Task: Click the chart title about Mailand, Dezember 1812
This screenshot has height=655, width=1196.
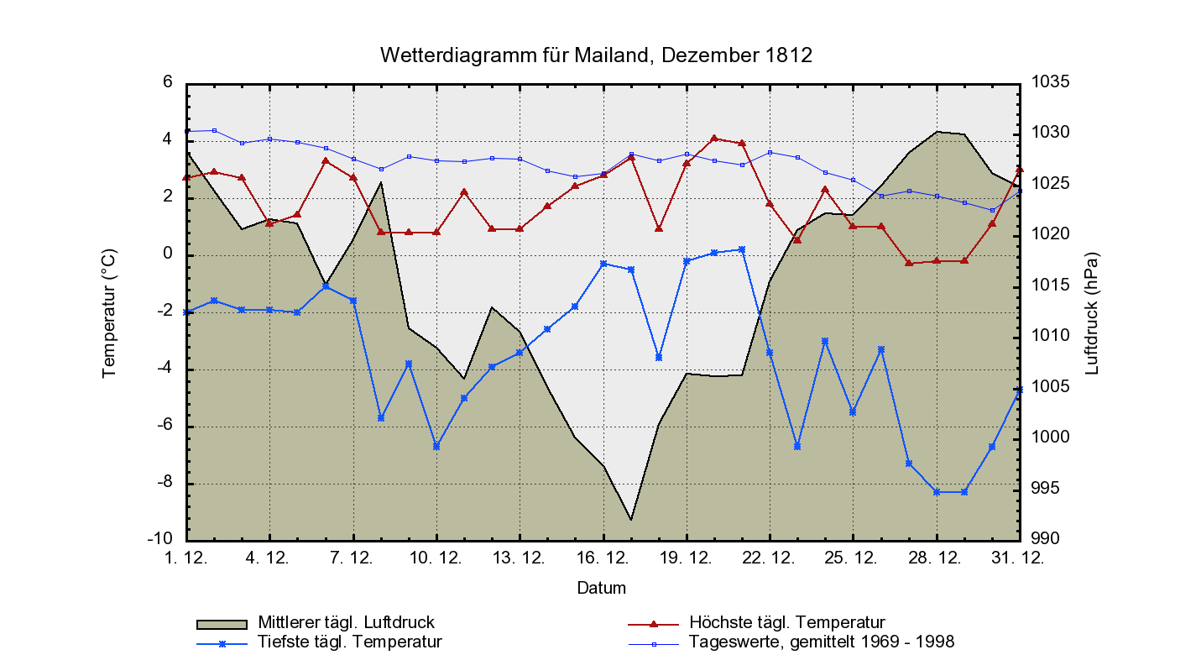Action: pos(596,55)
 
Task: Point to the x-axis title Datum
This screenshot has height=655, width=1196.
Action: pos(601,588)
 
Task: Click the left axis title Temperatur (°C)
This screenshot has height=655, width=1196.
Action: pos(109,312)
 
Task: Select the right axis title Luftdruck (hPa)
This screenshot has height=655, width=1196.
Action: pos(1092,312)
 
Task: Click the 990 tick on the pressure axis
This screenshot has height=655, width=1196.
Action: pos(1046,538)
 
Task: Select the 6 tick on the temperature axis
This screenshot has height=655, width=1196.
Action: pos(168,82)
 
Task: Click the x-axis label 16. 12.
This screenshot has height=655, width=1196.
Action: pos(603,558)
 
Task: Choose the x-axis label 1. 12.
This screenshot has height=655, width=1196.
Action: pos(186,558)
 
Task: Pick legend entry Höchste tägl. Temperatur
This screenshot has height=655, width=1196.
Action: pos(786,623)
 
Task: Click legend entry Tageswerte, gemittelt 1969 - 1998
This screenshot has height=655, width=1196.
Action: pos(821,642)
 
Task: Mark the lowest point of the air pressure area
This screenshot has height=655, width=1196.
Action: pos(630,520)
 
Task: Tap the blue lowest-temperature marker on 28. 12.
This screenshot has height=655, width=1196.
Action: pos(936,492)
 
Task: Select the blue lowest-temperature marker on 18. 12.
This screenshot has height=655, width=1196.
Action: pos(659,358)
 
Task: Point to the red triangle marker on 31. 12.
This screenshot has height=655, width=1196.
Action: pos(1019,170)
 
